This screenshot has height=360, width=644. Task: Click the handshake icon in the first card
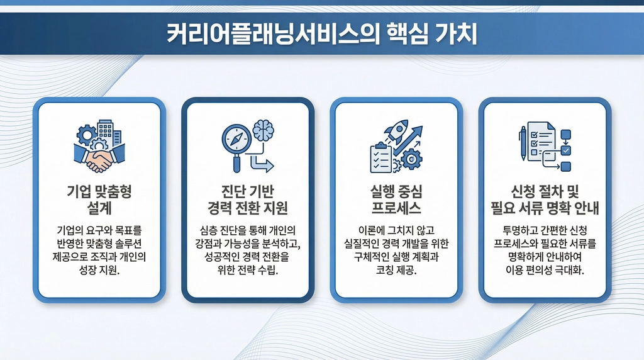[99, 158]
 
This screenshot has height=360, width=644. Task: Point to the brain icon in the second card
[264, 130]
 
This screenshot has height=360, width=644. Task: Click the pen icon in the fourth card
[523, 143]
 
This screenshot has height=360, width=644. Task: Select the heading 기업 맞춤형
[99, 191]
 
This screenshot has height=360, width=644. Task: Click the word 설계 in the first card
[99, 208]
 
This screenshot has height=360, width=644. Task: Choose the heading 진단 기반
[248, 191]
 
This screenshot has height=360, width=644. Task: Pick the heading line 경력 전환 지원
[248, 208]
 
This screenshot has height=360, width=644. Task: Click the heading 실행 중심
[396, 191]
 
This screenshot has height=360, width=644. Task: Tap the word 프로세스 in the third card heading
[396, 208]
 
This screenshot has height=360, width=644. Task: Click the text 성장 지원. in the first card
[99, 271]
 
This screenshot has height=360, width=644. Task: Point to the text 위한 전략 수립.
[248, 271]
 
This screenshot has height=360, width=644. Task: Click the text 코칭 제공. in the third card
[396, 271]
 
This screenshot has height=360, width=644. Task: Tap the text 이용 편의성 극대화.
[545, 271]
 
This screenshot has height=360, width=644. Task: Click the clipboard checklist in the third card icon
[381, 158]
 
